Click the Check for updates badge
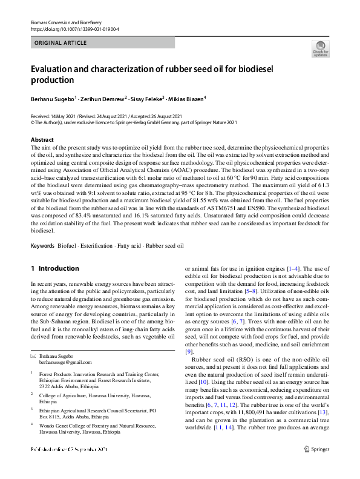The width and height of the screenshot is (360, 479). click(x=320, y=48)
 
